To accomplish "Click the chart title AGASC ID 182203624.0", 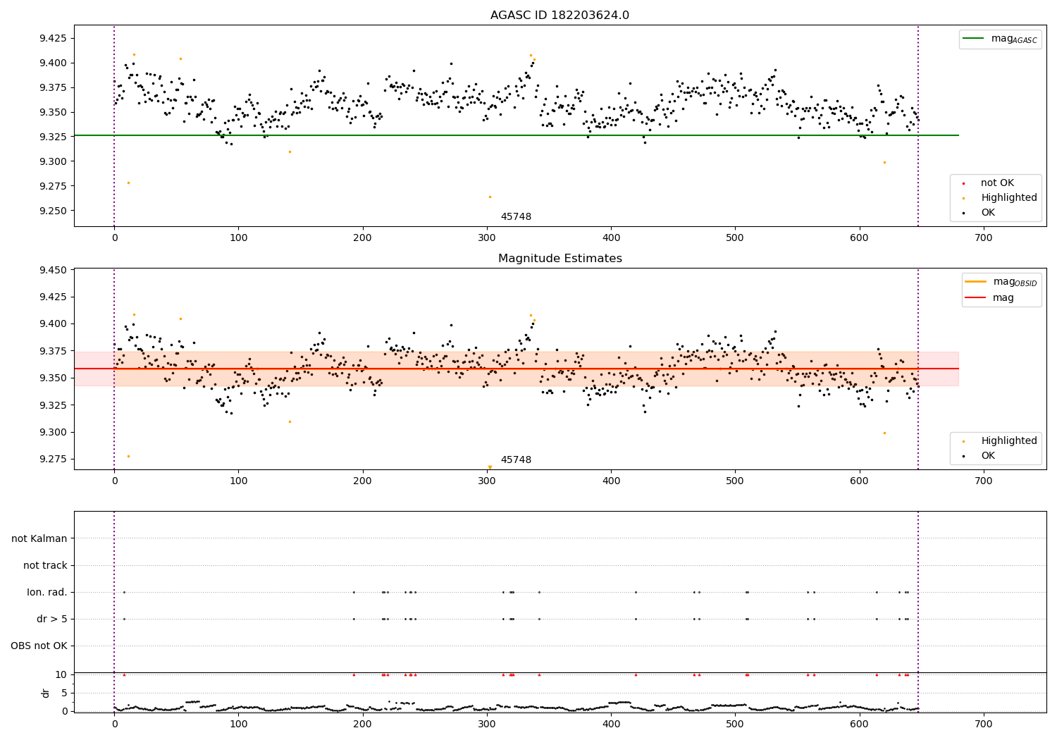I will tap(560, 16).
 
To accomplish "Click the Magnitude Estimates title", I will tap(560, 259).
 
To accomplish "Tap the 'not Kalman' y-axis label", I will tap(39, 539).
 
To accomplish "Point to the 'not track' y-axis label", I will tap(45, 566).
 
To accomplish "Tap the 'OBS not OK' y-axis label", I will tap(39, 646).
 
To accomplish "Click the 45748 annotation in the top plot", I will tap(516, 217).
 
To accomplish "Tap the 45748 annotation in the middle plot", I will tap(516, 460).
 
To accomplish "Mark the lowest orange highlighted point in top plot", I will tap(490, 197).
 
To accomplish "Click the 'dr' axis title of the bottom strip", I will tap(46, 693).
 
